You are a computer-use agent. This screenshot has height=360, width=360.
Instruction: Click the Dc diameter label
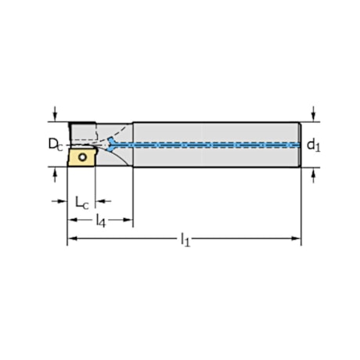coord(53,144)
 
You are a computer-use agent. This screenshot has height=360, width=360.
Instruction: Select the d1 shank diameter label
coord(313,144)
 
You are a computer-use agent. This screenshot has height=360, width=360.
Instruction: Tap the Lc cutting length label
coord(81,202)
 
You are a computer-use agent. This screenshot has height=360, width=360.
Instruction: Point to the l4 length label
coord(100,221)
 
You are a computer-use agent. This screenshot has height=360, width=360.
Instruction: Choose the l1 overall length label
coord(185,241)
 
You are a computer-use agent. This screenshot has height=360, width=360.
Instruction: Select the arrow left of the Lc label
coord(63,201)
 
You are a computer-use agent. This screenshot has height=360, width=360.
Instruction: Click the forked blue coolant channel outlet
coord(113,144)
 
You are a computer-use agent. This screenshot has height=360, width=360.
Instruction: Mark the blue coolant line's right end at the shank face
coord(298,145)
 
